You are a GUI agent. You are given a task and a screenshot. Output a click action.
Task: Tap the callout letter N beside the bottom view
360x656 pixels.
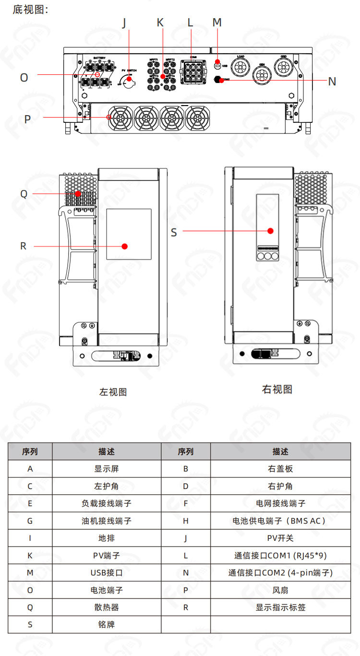(x=332, y=82)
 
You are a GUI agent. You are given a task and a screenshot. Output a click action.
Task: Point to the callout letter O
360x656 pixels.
(x=24, y=77)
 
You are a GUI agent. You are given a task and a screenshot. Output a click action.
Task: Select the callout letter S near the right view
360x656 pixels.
(x=174, y=232)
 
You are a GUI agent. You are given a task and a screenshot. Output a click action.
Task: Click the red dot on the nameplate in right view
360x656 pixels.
(x=270, y=231)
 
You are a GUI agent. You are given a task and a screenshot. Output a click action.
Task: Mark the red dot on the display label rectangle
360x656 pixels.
(x=125, y=246)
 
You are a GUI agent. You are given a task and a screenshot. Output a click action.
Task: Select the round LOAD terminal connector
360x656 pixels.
(x=240, y=65)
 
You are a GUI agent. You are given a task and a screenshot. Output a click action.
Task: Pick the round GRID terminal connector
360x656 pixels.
(x=283, y=65)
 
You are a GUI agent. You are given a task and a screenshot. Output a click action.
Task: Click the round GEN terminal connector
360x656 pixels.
(x=262, y=74)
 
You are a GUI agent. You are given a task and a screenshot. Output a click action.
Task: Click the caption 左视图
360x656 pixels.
(x=113, y=392)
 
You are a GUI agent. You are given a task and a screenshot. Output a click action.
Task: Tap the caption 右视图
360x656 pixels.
(x=277, y=389)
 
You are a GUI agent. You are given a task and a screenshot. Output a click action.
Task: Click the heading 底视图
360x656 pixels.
(x=30, y=10)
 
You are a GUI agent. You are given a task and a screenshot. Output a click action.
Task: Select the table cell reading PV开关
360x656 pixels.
(x=280, y=538)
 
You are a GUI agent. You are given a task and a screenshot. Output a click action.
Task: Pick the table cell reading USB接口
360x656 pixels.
(x=107, y=573)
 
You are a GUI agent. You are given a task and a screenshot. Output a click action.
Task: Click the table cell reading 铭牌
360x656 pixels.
(x=107, y=624)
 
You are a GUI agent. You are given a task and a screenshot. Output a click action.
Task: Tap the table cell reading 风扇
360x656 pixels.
(x=280, y=590)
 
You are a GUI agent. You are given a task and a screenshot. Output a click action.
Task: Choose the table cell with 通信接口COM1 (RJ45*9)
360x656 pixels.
(x=280, y=555)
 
